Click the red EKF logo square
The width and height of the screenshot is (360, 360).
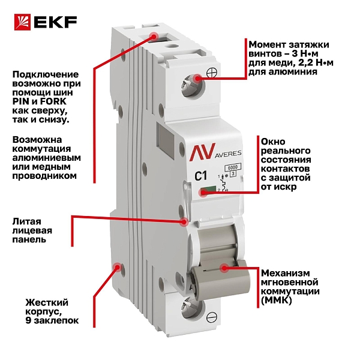pyautogui.click(x=22, y=22)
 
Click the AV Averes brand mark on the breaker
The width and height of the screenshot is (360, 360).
pyautogui.click(x=215, y=152)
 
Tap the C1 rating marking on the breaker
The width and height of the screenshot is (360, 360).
pyautogui.click(x=201, y=176)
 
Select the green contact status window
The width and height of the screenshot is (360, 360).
pyautogui.click(x=208, y=190)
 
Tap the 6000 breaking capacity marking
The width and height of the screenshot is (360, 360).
pyautogui.click(x=232, y=167)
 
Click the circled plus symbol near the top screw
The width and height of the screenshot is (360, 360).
pyautogui.click(x=212, y=73)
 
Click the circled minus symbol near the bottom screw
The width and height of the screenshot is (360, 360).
pyautogui.click(x=212, y=317)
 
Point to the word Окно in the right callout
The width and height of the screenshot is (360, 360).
pyautogui.click(x=273, y=141)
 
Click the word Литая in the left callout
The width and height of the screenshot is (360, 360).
pyautogui.click(x=27, y=221)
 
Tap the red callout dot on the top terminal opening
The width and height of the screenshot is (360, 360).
pyautogui.click(x=154, y=37)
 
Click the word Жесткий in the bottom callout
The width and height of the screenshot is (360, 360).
pyautogui.click(x=47, y=302)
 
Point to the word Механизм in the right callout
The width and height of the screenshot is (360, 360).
pyautogui.click(x=286, y=273)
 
